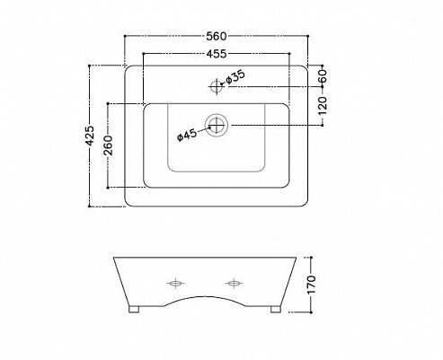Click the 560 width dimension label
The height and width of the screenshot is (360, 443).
217,36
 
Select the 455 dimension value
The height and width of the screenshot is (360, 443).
217,54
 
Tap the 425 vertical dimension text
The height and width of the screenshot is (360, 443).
90,136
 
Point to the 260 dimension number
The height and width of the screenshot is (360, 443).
108,145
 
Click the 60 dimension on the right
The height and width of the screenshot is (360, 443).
323,76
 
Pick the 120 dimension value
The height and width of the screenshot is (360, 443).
323,106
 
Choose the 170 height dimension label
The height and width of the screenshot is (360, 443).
312,285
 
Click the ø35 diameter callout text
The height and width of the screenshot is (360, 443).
235,77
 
